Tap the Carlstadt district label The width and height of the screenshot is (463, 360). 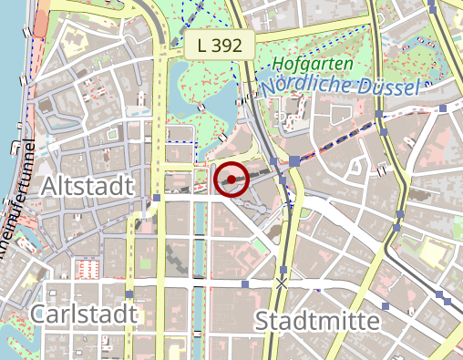point(84,314)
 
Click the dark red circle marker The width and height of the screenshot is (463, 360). point(232,179)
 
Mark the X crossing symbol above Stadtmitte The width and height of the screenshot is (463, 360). point(282,284)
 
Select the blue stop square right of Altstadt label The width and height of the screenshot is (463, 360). point(157,197)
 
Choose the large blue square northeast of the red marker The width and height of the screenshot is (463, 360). point(295,161)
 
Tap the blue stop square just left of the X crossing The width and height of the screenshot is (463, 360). point(244,284)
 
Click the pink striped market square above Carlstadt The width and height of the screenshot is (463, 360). point(88,269)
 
